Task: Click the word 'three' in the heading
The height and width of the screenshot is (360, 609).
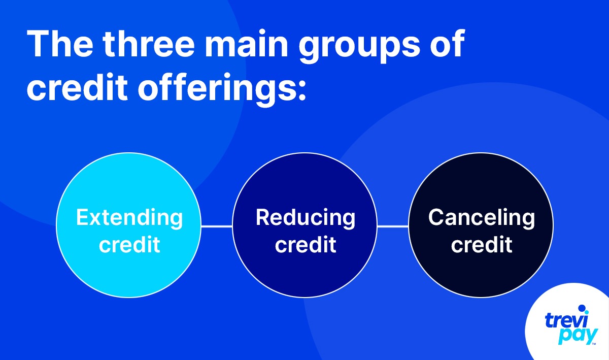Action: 149,44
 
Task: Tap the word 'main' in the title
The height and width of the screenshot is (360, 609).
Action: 246,44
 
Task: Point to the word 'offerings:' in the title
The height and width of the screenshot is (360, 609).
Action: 222,90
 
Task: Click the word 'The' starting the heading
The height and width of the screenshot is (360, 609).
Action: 60,44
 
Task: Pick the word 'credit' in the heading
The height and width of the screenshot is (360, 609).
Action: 77,87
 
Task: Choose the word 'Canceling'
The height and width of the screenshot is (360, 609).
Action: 482,218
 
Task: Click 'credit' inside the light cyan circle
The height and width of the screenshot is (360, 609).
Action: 129,244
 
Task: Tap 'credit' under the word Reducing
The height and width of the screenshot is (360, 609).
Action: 306,244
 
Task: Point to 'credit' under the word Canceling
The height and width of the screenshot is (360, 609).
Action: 482,244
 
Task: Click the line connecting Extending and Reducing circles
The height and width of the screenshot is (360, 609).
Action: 217,226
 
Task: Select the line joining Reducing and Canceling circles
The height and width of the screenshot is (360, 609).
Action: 393,226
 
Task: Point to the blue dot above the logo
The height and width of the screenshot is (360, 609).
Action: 582,308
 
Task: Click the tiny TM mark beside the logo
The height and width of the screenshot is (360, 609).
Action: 594,344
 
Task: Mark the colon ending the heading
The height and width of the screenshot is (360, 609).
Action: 302,90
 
